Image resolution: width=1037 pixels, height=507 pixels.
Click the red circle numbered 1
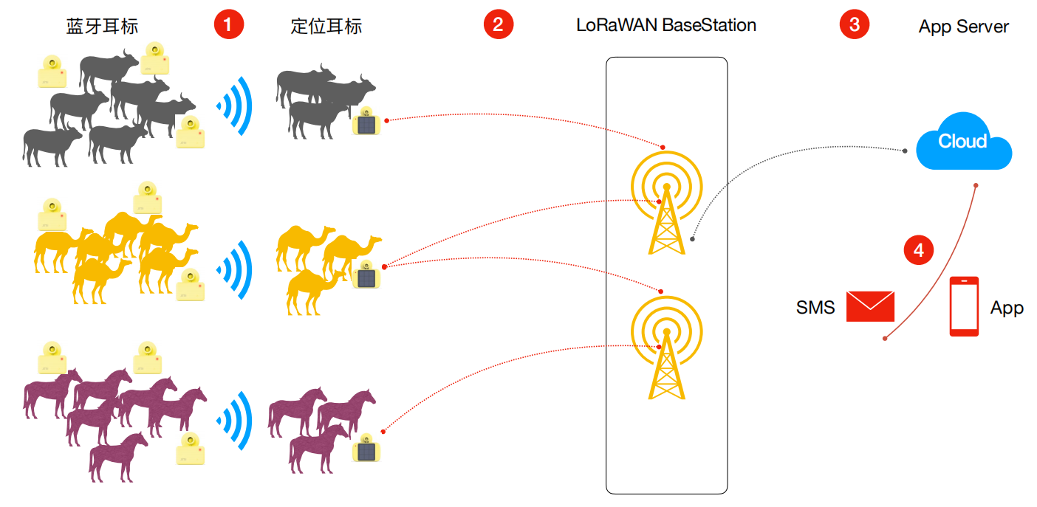pyautogui.click(x=228, y=24)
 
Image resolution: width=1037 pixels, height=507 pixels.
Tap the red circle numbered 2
pyautogui.click(x=499, y=24)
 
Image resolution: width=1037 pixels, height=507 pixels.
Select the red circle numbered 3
pyautogui.click(x=855, y=24)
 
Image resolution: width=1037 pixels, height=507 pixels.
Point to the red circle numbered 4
pyautogui.click(x=919, y=250)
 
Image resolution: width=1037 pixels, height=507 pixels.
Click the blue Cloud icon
pyautogui.click(x=963, y=142)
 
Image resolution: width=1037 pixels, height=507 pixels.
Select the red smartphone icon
pyautogui.click(x=964, y=306)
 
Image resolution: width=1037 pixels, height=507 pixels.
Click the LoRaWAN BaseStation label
pyautogui.click(x=666, y=25)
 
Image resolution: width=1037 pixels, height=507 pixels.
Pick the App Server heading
pyautogui.click(x=963, y=27)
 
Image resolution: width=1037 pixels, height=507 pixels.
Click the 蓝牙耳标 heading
pyautogui.click(x=102, y=27)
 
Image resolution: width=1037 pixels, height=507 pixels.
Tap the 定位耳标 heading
pyautogui.click(x=326, y=27)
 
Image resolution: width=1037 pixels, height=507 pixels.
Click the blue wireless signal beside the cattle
pyautogui.click(x=236, y=104)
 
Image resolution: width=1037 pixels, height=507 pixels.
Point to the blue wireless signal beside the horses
pyautogui.click(x=236, y=421)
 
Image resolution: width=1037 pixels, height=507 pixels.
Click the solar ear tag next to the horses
pyautogui.click(x=366, y=449)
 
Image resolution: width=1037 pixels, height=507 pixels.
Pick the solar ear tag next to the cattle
pyautogui.click(x=366, y=123)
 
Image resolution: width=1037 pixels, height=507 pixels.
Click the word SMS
pyautogui.click(x=815, y=307)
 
